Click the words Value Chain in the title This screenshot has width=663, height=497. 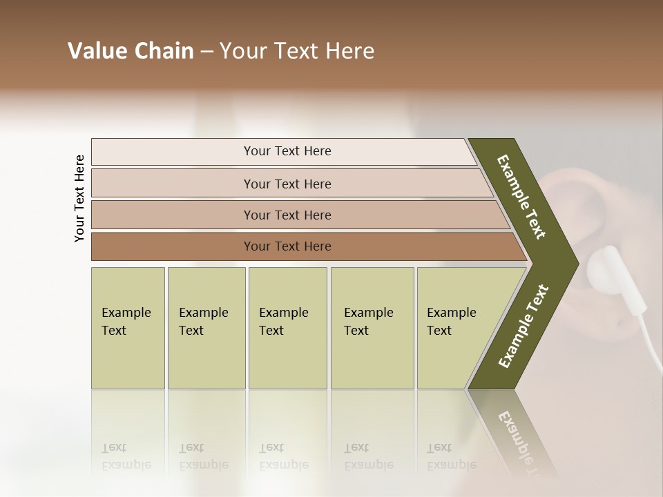(x=131, y=51)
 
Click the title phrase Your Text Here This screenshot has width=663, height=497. (x=297, y=51)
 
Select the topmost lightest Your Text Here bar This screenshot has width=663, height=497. (x=287, y=151)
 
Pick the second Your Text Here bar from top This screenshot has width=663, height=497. (x=287, y=184)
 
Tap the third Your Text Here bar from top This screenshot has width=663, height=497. (x=287, y=215)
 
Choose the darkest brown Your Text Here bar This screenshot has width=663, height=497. (x=287, y=246)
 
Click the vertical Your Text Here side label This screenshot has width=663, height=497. (x=80, y=198)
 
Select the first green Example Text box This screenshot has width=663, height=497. (x=128, y=327)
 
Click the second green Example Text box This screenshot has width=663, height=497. (x=206, y=327)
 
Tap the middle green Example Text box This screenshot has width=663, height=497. (x=287, y=327)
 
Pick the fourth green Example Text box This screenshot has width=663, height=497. (x=372, y=327)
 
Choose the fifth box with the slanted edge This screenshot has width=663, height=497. (x=456, y=327)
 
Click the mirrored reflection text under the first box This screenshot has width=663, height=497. (x=126, y=456)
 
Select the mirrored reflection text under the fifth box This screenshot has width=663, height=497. (x=452, y=456)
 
